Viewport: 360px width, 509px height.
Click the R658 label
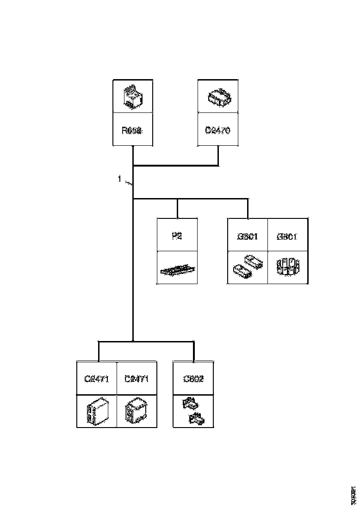(133, 131)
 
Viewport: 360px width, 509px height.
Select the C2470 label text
(218, 131)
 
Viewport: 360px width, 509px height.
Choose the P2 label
(177, 236)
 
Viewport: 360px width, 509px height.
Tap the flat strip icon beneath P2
(177, 269)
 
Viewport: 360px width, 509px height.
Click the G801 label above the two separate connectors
(248, 236)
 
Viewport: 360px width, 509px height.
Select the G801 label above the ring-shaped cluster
(288, 236)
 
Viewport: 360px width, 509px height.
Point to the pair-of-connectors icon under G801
(248, 267)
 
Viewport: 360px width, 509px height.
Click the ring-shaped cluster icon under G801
(288, 267)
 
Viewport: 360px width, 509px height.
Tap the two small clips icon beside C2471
(193, 412)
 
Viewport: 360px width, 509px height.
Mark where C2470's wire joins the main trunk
(133, 165)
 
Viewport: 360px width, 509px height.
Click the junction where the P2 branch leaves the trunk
(133, 200)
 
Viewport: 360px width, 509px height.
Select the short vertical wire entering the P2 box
(177, 209)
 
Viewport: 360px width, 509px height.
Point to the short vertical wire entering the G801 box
(248, 209)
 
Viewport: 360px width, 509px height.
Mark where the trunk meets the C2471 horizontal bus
(133, 342)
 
